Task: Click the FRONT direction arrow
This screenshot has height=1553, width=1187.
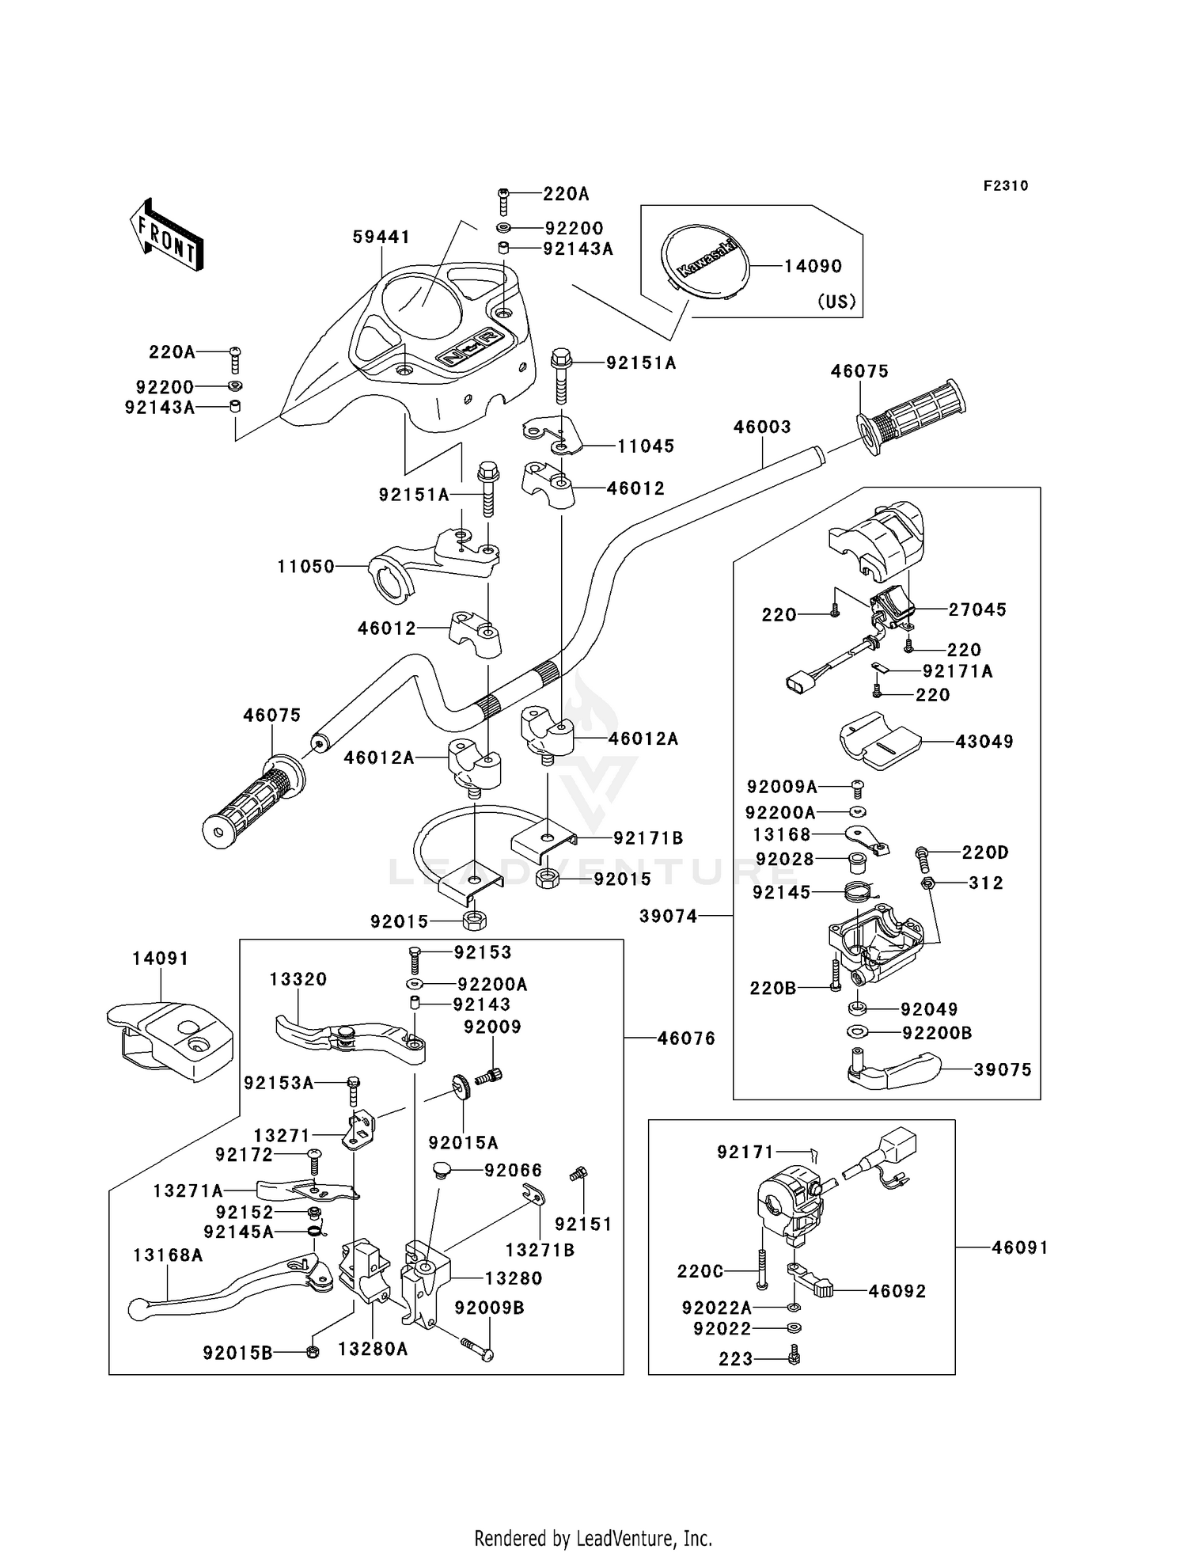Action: pyautogui.click(x=167, y=236)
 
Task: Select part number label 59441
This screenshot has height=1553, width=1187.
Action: pyautogui.click(x=381, y=237)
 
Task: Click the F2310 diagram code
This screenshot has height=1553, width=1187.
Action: pyautogui.click(x=1006, y=186)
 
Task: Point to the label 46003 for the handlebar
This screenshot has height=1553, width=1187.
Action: pyautogui.click(x=762, y=427)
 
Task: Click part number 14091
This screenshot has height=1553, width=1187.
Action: pyautogui.click(x=161, y=959)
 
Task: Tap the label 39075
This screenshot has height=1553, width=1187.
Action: pyautogui.click(x=1003, y=1070)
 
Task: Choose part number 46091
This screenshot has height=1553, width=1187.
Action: pyautogui.click(x=1020, y=1248)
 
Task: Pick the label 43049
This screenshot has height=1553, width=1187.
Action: pyautogui.click(x=984, y=742)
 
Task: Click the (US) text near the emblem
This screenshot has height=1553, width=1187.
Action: pyautogui.click(x=836, y=302)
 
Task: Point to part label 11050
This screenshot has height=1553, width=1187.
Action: pyautogui.click(x=305, y=567)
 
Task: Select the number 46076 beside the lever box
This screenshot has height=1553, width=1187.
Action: pyautogui.click(x=686, y=1038)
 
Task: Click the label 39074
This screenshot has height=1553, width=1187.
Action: pyautogui.click(x=669, y=916)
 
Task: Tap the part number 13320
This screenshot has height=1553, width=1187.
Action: pyautogui.click(x=298, y=979)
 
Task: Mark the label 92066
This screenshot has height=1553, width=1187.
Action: pyautogui.click(x=514, y=1170)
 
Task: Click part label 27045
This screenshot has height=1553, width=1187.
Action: pyautogui.click(x=977, y=609)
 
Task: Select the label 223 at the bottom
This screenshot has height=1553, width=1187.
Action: pyautogui.click(x=736, y=1359)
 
